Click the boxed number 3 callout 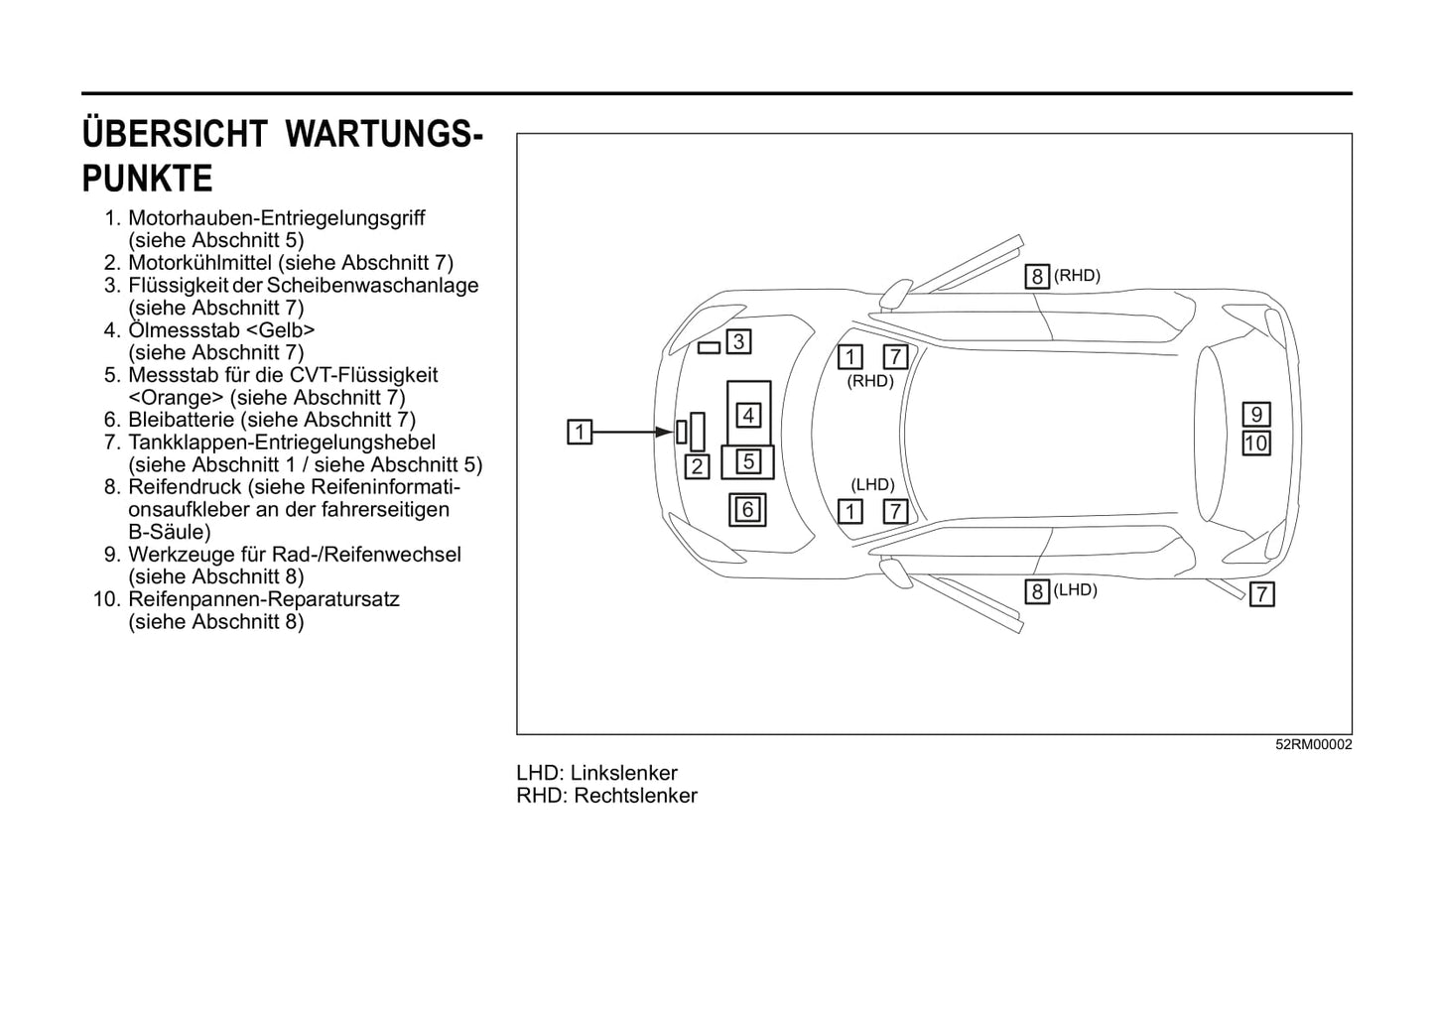[738, 342]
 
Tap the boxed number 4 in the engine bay [748, 415]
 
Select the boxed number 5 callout [748, 461]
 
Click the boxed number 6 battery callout [747, 510]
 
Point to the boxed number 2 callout [698, 466]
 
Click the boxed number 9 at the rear [1256, 415]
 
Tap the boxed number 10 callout [1256, 444]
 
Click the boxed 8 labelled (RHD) [1037, 277]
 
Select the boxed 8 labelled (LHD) [1037, 592]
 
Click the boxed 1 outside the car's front [580, 432]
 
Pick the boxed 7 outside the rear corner [1261, 594]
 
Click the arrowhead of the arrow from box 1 [668, 432]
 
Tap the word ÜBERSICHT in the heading [175, 134]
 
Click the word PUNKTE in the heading [148, 180]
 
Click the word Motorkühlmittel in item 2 [200, 263]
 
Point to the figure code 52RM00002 [1314, 745]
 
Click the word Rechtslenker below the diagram [635, 796]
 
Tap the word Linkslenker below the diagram [624, 773]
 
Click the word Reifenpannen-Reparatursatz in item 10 [264, 599]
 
